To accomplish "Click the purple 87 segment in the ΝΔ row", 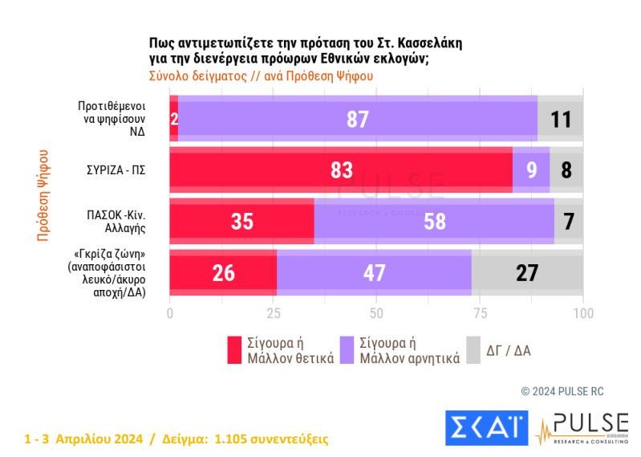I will (x=357, y=119).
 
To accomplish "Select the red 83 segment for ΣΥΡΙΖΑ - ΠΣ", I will (x=341, y=169).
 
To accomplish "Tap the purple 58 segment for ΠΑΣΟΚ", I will (x=434, y=221).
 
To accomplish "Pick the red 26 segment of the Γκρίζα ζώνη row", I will (x=223, y=272).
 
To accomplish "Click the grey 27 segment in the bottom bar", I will (x=526, y=272).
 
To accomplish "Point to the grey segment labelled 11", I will (x=560, y=119).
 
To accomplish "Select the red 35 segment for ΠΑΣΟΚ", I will (x=241, y=221).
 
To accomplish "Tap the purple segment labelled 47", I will (x=374, y=272).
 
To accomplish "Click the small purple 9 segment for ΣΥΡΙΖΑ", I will (x=531, y=169).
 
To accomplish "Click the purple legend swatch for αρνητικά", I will (x=347, y=350).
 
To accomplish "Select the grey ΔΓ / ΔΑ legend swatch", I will (x=473, y=350).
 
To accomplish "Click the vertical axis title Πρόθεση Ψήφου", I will (x=44, y=194).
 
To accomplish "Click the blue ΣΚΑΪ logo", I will (x=486, y=426).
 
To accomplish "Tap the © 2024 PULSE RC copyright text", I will (x=562, y=391).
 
